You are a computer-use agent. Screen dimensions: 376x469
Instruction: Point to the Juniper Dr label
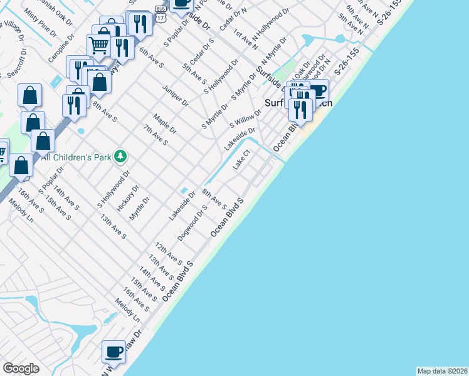(175, 95)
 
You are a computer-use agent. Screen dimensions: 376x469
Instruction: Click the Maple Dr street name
(164, 123)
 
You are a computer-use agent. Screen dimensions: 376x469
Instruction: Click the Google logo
(21, 368)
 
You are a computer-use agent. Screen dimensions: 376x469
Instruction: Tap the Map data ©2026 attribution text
(442, 371)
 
